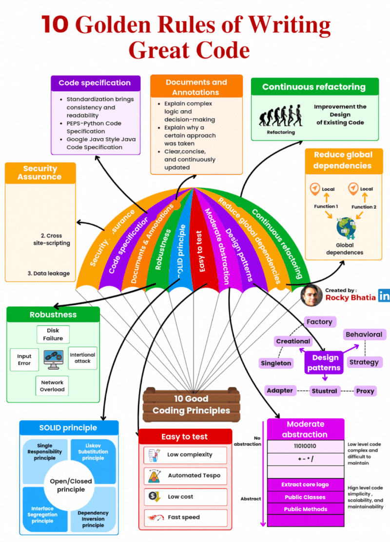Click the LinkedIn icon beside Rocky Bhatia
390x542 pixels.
(384, 296)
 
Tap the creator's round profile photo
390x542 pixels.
(311, 296)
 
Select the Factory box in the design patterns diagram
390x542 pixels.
(319, 322)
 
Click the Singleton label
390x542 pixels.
(276, 363)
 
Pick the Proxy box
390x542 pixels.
(365, 391)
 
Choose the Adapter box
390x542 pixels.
(280, 391)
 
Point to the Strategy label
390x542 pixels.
(364, 362)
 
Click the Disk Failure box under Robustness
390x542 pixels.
(53, 334)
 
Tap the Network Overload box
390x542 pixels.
(52, 386)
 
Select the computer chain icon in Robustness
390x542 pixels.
(54, 360)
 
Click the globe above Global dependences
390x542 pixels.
(346, 228)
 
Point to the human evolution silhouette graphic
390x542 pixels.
(280, 116)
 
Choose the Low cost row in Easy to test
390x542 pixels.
(186, 497)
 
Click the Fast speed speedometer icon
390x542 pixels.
(156, 518)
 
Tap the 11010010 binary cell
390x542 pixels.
(305, 446)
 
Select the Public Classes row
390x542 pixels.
(305, 497)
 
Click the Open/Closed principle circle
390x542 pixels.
(71, 485)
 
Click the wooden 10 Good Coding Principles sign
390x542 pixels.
(192, 404)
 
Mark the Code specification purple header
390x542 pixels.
(96, 83)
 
